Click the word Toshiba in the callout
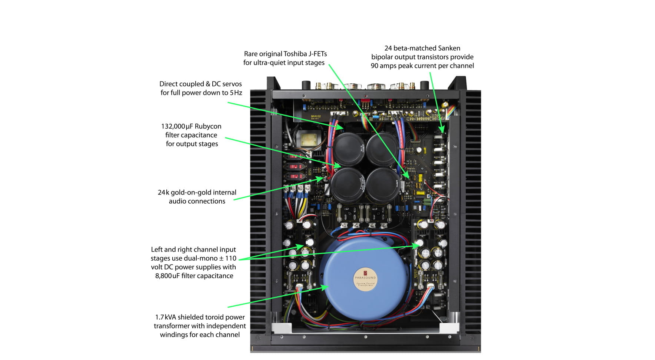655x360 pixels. [295, 54]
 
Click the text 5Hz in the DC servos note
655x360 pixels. [236, 93]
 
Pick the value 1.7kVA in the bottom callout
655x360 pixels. [165, 317]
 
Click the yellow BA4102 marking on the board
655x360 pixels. [316, 116]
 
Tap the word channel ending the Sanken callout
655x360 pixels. [461, 66]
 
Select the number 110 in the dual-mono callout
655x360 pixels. [230, 259]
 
